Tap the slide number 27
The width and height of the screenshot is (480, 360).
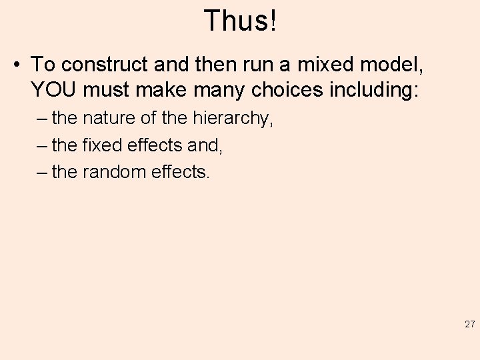tap(469, 325)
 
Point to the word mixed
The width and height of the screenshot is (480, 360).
tap(319, 65)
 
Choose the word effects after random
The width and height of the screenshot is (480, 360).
tap(183, 172)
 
